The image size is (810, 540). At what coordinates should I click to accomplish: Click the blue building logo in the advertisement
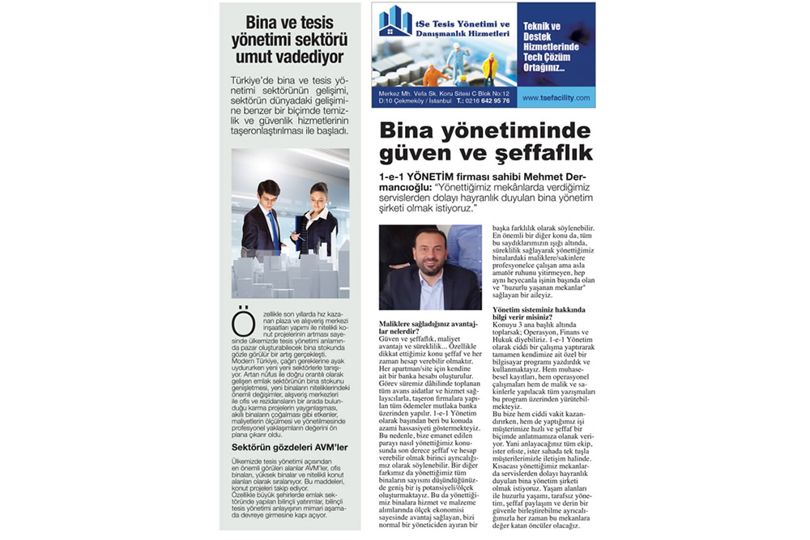(x=395, y=22)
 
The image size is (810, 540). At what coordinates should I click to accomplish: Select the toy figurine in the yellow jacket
(x=489, y=68)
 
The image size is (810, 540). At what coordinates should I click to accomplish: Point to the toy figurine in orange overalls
(x=431, y=75)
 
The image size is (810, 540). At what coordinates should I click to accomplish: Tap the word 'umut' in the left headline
(x=247, y=57)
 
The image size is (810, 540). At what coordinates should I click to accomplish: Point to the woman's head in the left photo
(x=318, y=193)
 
